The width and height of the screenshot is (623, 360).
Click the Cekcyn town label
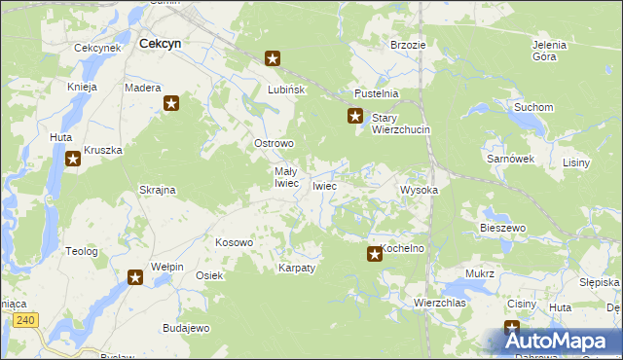(161, 44)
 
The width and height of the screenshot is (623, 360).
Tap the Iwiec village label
(324, 186)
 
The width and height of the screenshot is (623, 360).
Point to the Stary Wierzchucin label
(400, 123)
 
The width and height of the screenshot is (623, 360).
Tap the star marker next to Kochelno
(375, 255)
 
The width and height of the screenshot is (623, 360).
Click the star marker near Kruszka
(73, 160)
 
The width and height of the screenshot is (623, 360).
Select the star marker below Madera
(172, 103)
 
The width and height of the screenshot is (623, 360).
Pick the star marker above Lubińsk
(274, 58)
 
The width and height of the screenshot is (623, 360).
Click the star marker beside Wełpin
(135, 278)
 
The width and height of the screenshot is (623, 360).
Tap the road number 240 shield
(26, 319)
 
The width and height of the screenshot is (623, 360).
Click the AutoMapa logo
(560, 341)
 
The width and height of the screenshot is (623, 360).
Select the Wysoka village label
(420, 191)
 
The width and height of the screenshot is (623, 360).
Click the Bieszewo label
(502, 228)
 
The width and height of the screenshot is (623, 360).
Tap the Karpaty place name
(297, 268)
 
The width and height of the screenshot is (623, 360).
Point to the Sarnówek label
(509, 158)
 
